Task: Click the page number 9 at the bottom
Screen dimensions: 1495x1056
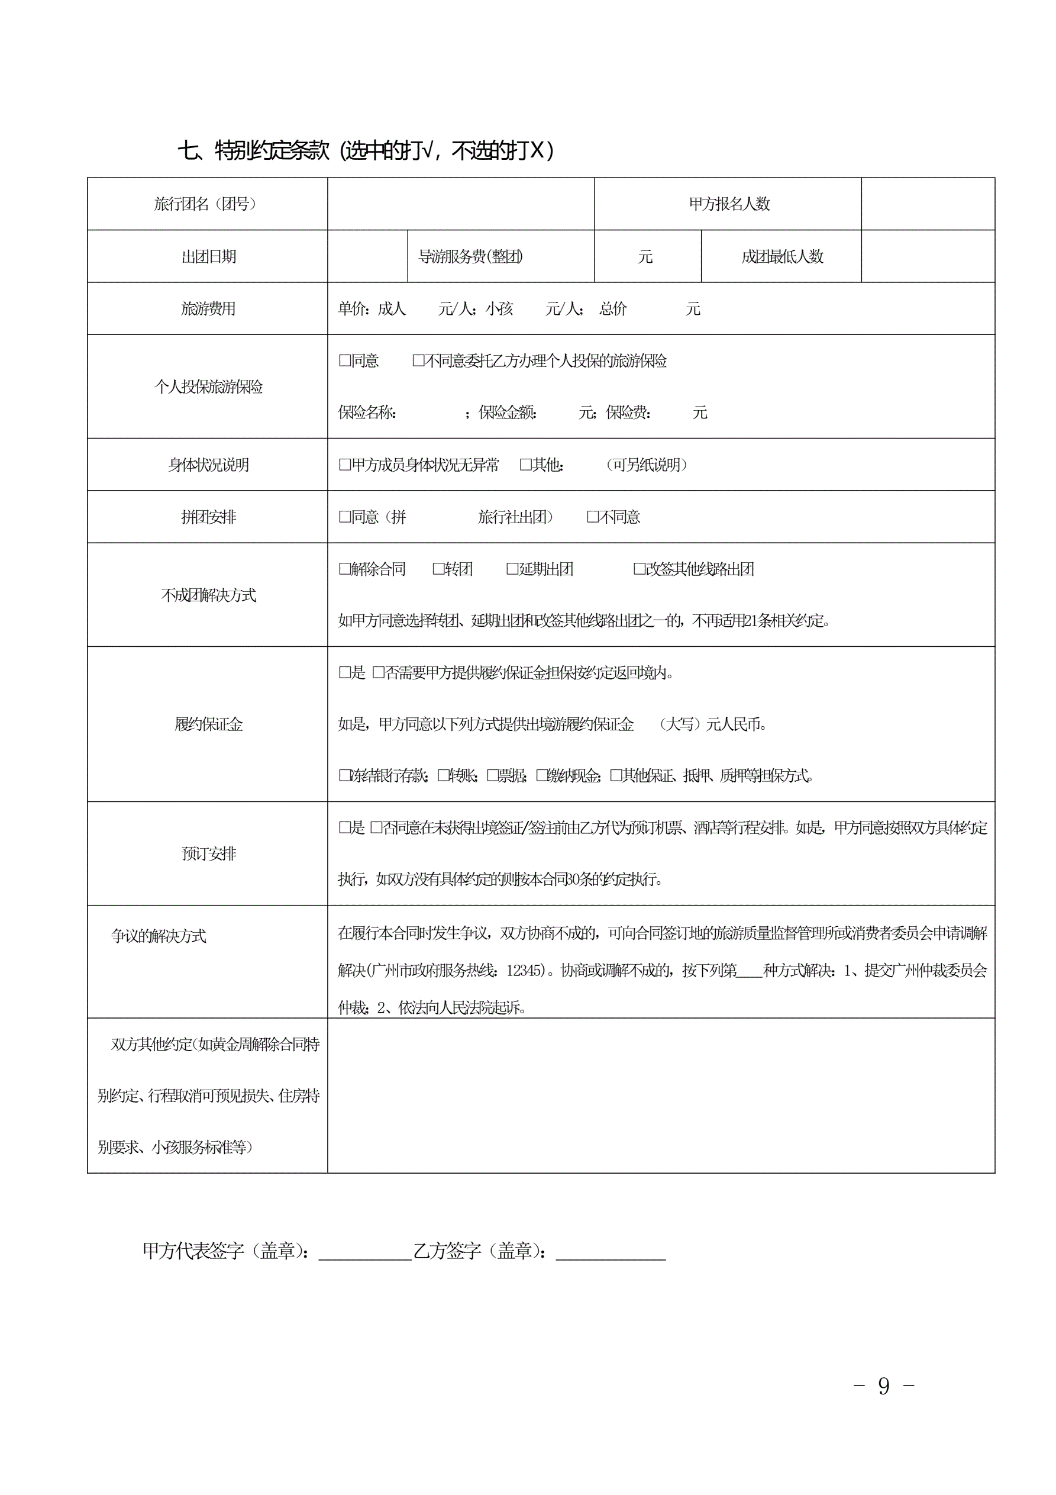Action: (883, 1386)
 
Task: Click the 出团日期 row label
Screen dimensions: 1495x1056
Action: (208, 256)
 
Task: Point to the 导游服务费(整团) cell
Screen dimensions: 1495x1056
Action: (470, 256)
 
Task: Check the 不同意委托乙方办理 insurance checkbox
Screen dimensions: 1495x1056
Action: (418, 360)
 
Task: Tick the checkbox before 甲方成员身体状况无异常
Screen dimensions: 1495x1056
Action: (345, 465)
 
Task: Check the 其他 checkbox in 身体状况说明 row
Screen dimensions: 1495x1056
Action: (525, 465)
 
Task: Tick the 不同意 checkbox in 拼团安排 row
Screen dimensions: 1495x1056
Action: (592, 517)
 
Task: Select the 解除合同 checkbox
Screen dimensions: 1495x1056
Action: (345, 569)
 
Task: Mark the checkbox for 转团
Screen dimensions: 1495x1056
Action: (439, 569)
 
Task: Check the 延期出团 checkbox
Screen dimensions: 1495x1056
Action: (512, 569)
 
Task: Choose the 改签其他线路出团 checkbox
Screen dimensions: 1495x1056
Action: (640, 569)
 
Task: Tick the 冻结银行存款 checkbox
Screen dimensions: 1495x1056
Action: (345, 775)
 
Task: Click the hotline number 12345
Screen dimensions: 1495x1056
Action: (524, 971)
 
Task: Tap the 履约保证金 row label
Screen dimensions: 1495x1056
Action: (208, 724)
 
